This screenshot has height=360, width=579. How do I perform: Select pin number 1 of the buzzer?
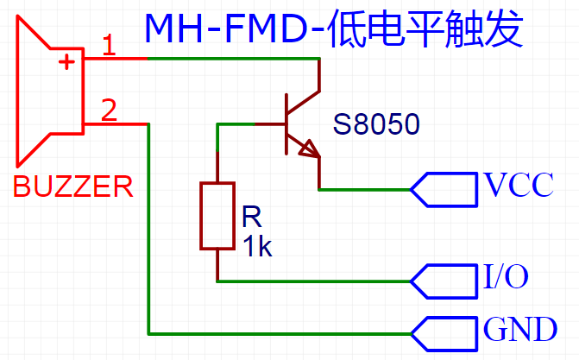click(x=109, y=45)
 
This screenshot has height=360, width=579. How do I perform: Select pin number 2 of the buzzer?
click(x=109, y=111)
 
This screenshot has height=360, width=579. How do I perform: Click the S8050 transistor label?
click(x=376, y=125)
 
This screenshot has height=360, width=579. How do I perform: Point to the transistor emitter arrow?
click(x=308, y=150)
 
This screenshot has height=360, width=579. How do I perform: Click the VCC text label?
click(x=519, y=186)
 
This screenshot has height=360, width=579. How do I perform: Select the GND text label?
click(x=519, y=329)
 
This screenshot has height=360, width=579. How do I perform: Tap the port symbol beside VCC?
click(x=444, y=188)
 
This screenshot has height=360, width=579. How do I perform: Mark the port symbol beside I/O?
click(x=444, y=281)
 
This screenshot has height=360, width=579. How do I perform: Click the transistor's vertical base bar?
click(x=286, y=125)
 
